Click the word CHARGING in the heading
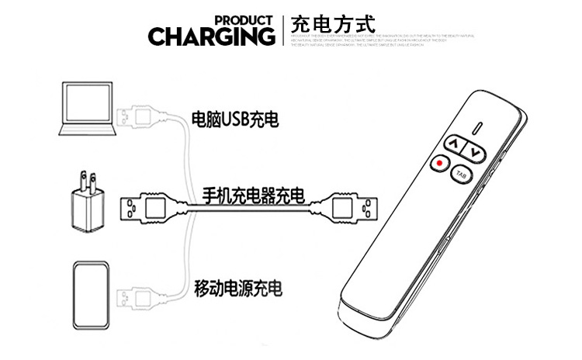click(x=212, y=36)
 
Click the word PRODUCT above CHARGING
click(x=244, y=19)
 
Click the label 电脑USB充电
click(x=235, y=120)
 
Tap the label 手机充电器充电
click(x=253, y=195)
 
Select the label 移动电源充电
click(x=237, y=289)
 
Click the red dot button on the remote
click(x=440, y=164)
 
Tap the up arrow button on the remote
click(x=455, y=144)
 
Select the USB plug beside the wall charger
click(x=147, y=208)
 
